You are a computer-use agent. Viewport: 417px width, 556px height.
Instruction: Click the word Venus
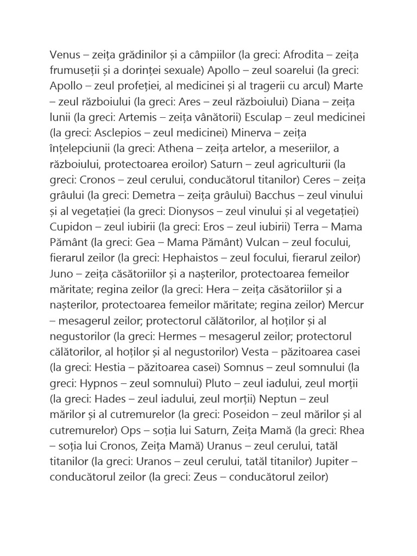[x=65, y=55]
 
